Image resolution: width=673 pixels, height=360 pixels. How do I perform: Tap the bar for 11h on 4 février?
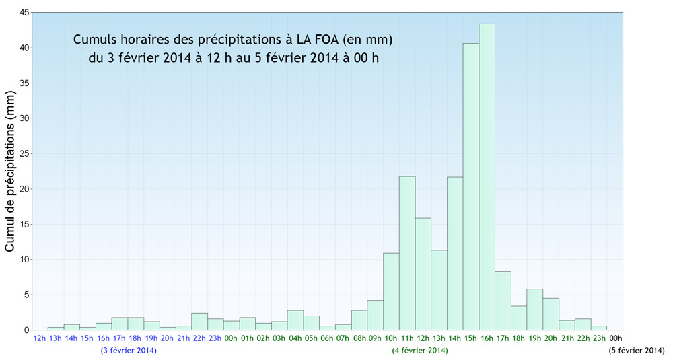click(x=407, y=253)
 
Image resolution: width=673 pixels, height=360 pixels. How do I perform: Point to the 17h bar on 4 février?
click(x=503, y=300)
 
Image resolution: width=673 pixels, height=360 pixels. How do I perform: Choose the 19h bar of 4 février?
click(x=534, y=310)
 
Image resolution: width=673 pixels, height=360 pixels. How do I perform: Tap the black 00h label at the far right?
click(x=615, y=338)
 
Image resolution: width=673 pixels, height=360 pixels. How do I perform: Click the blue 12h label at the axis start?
click(x=40, y=338)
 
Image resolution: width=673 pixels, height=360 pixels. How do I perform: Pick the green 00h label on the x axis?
click(x=231, y=338)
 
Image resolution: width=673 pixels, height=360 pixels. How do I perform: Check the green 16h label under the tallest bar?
click(x=487, y=338)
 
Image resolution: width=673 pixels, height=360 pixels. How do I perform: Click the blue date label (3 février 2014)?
click(x=129, y=351)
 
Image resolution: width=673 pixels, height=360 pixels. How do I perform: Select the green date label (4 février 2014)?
click(x=420, y=351)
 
